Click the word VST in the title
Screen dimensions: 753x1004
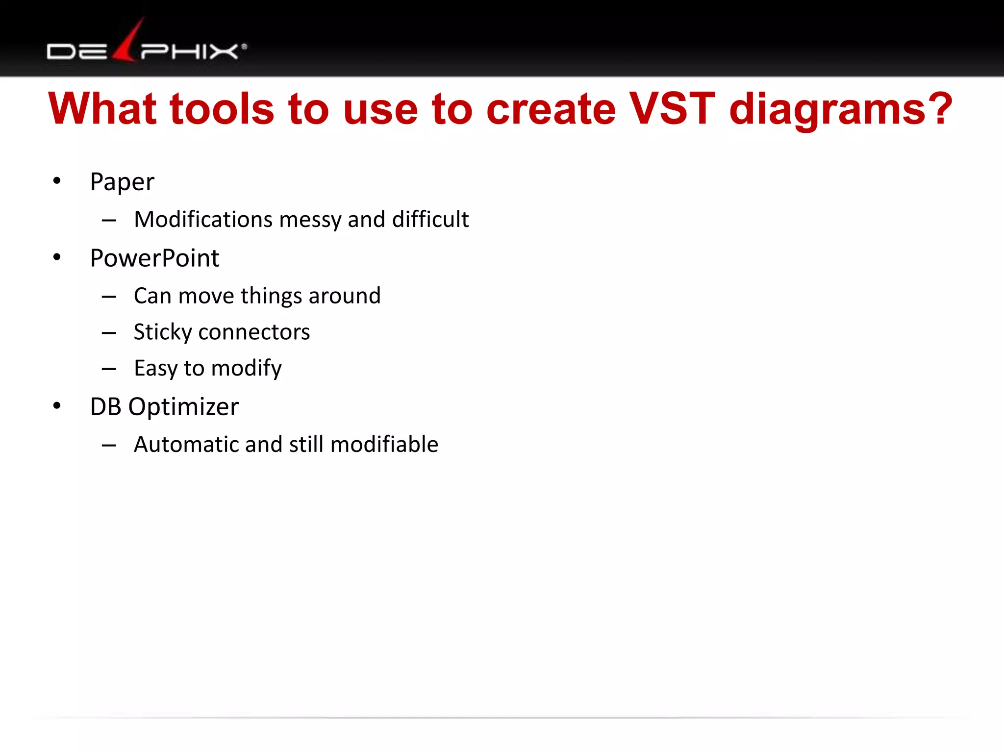672,109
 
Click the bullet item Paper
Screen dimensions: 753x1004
122,182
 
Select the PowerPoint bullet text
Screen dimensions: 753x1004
154,258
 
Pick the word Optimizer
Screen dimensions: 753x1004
183,407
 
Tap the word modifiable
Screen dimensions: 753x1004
384,444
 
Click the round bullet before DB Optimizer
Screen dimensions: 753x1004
57,406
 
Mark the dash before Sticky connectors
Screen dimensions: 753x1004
109,333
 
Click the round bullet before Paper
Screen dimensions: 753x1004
57,181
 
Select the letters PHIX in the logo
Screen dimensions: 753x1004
189,51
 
